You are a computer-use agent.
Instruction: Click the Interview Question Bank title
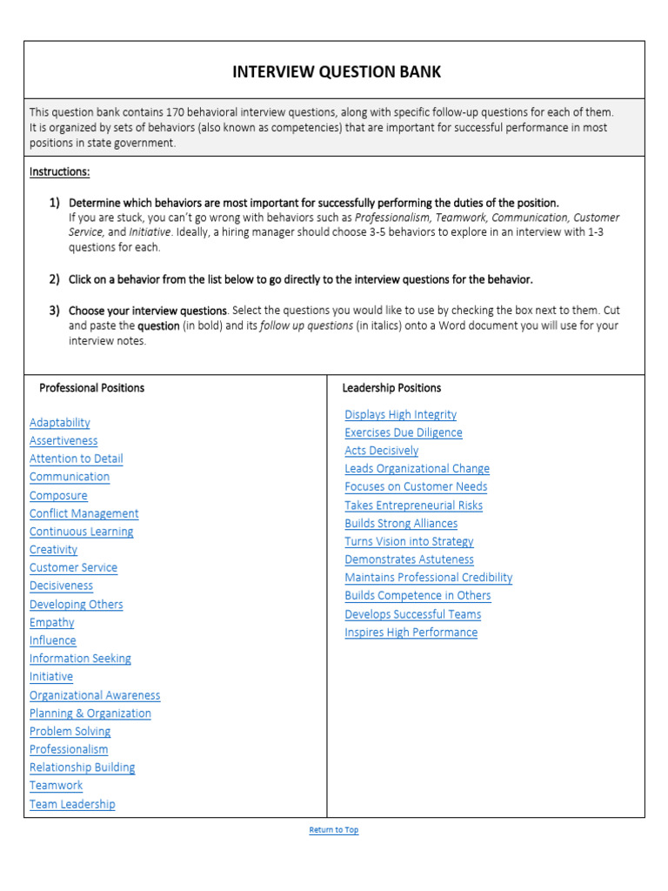pos(337,72)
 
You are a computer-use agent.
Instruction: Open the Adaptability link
pos(60,423)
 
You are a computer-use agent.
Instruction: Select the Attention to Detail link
pos(77,459)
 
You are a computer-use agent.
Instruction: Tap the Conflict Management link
pos(84,513)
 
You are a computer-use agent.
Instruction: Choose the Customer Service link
pos(73,567)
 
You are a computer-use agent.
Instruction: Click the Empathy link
pos(52,622)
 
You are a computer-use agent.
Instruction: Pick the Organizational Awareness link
pos(95,695)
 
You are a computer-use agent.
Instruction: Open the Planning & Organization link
pos(90,713)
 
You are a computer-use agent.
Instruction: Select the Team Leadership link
pos(72,804)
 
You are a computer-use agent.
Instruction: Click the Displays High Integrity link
pos(400,415)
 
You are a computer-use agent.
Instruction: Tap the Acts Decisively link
pos(381,451)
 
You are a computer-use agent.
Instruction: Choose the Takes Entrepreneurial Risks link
pos(413,506)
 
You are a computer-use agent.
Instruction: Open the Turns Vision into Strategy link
pos(409,541)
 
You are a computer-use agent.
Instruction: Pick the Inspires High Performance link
pos(411,633)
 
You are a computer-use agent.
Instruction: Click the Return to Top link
pos(334,830)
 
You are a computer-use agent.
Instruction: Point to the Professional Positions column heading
pos(92,388)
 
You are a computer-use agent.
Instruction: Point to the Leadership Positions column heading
pos(391,388)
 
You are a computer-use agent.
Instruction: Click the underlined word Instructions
pos(60,172)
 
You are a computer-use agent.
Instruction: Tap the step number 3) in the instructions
pos(54,311)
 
